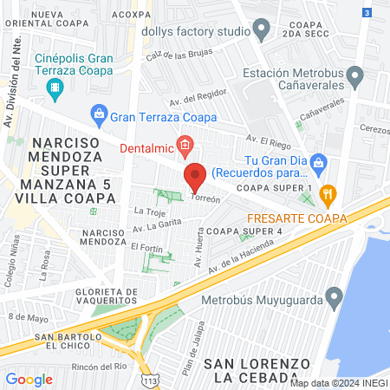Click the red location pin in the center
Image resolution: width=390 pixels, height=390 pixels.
(194, 178)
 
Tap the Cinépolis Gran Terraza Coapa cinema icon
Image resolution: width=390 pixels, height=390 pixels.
(55, 87)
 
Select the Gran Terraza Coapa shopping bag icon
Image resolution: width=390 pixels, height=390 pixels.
(99, 114)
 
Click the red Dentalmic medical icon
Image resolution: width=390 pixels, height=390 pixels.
(184, 145)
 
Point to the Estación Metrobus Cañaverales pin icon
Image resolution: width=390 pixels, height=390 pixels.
(354, 79)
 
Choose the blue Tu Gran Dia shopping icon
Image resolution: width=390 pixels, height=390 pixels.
(318, 161)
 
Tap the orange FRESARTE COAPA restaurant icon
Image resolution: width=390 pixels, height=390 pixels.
(327, 192)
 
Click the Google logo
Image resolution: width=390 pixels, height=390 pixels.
(29, 379)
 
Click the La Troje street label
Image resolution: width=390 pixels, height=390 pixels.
(150, 211)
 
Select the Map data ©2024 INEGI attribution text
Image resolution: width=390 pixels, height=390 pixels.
(338, 383)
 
